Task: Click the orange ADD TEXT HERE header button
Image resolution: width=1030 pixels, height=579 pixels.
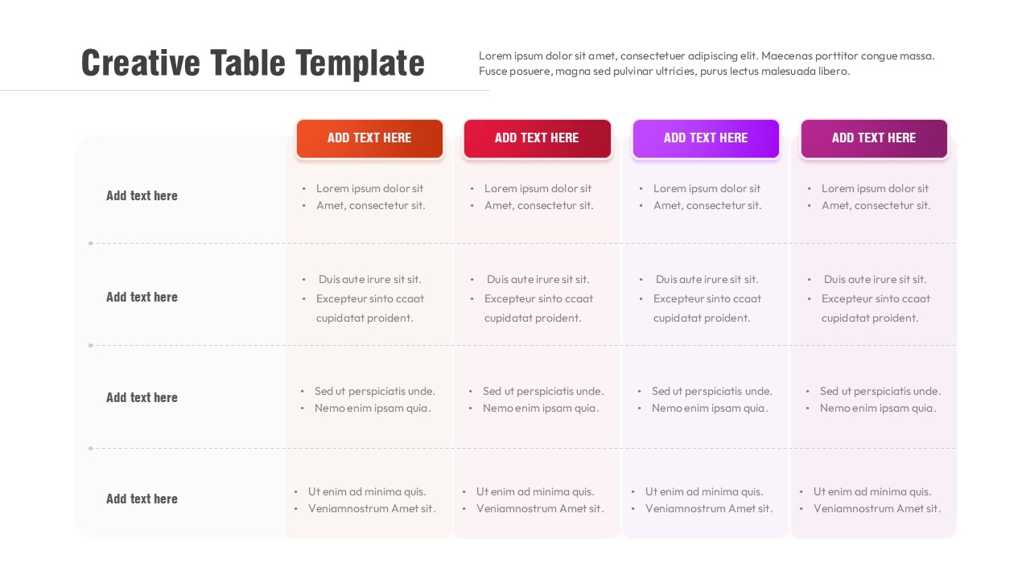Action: click(369, 138)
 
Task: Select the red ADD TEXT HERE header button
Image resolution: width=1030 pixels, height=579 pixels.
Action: click(537, 138)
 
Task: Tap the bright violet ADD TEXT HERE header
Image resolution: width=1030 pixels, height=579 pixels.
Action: click(706, 138)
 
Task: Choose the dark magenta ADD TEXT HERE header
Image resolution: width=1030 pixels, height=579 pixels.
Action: click(874, 138)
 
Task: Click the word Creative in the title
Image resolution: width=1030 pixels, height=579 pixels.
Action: click(140, 64)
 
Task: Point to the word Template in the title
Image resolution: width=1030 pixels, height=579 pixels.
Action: click(360, 64)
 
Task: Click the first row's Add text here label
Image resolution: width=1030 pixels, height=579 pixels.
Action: click(142, 195)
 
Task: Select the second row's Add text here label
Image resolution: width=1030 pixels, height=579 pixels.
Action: click(142, 297)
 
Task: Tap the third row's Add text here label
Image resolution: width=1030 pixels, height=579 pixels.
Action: click(142, 397)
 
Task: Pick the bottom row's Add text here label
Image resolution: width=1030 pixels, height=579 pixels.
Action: click(142, 499)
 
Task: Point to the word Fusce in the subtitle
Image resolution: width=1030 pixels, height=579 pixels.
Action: click(493, 72)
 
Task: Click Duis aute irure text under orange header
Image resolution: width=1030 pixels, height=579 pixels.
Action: click(370, 280)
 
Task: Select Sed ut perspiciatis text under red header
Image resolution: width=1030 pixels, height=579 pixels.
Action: click(543, 392)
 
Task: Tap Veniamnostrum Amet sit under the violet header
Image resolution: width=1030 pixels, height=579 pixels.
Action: click(709, 509)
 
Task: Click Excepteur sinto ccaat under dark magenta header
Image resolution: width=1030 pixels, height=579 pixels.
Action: click(875, 299)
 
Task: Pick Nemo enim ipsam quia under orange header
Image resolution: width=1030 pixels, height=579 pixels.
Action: click(373, 409)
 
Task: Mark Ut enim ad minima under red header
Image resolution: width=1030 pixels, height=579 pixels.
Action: click(535, 492)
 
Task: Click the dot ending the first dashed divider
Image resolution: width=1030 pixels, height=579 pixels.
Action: click(91, 243)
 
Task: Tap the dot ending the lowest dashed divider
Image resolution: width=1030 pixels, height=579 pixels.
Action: click(91, 448)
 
